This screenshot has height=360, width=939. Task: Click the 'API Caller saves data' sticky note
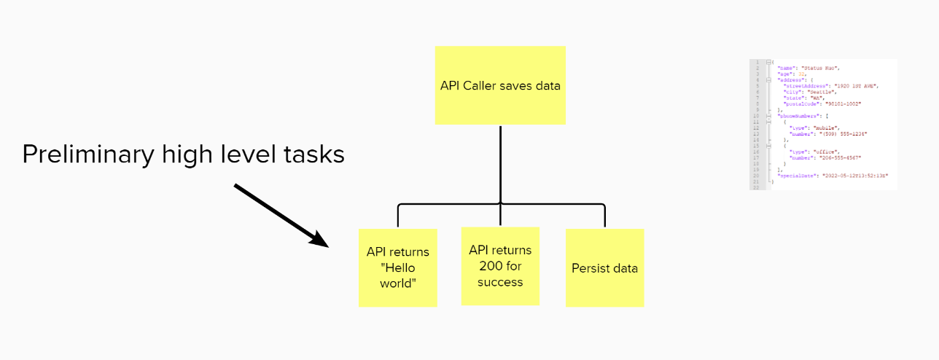[x=500, y=85]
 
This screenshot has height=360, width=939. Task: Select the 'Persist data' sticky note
[x=604, y=267]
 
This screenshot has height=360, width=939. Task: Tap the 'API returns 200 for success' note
[x=500, y=265]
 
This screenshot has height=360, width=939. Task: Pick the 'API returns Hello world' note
[x=397, y=267]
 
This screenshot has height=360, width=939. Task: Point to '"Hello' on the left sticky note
[x=397, y=267]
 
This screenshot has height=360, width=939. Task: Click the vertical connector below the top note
[x=500, y=164]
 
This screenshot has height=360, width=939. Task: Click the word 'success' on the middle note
[x=500, y=282]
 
